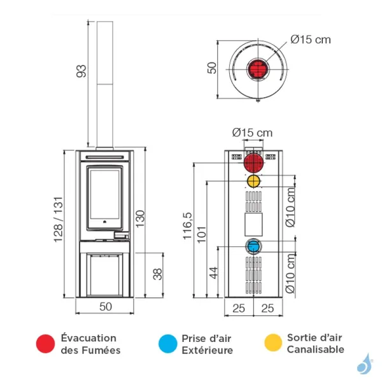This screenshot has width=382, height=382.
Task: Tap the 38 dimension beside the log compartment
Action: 158,274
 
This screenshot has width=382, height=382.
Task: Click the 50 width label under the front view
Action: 106,306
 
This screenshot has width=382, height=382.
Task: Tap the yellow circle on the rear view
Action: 253,181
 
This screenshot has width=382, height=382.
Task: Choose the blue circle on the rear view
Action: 253,246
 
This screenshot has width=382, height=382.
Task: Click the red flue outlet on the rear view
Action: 253,162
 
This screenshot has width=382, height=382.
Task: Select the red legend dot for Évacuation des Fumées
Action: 45,344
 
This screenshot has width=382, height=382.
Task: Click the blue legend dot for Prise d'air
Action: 167,344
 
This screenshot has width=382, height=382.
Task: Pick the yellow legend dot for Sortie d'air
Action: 272,344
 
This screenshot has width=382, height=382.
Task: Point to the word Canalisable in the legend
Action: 316,350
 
